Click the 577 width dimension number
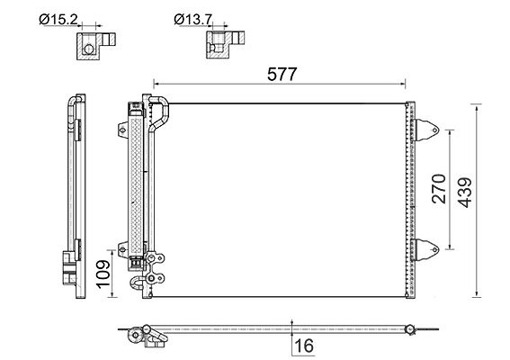(x=282, y=74)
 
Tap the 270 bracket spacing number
(x=439, y=189)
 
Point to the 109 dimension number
(x=103, y=274)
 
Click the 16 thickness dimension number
(x=304, y=346)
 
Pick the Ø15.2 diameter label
(x=58, y=20)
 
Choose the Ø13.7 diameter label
(x=193, y=20)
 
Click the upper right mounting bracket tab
(x=425, y=130)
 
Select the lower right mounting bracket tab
(x=425, y=249)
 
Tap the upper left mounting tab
(x=122, y=130)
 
